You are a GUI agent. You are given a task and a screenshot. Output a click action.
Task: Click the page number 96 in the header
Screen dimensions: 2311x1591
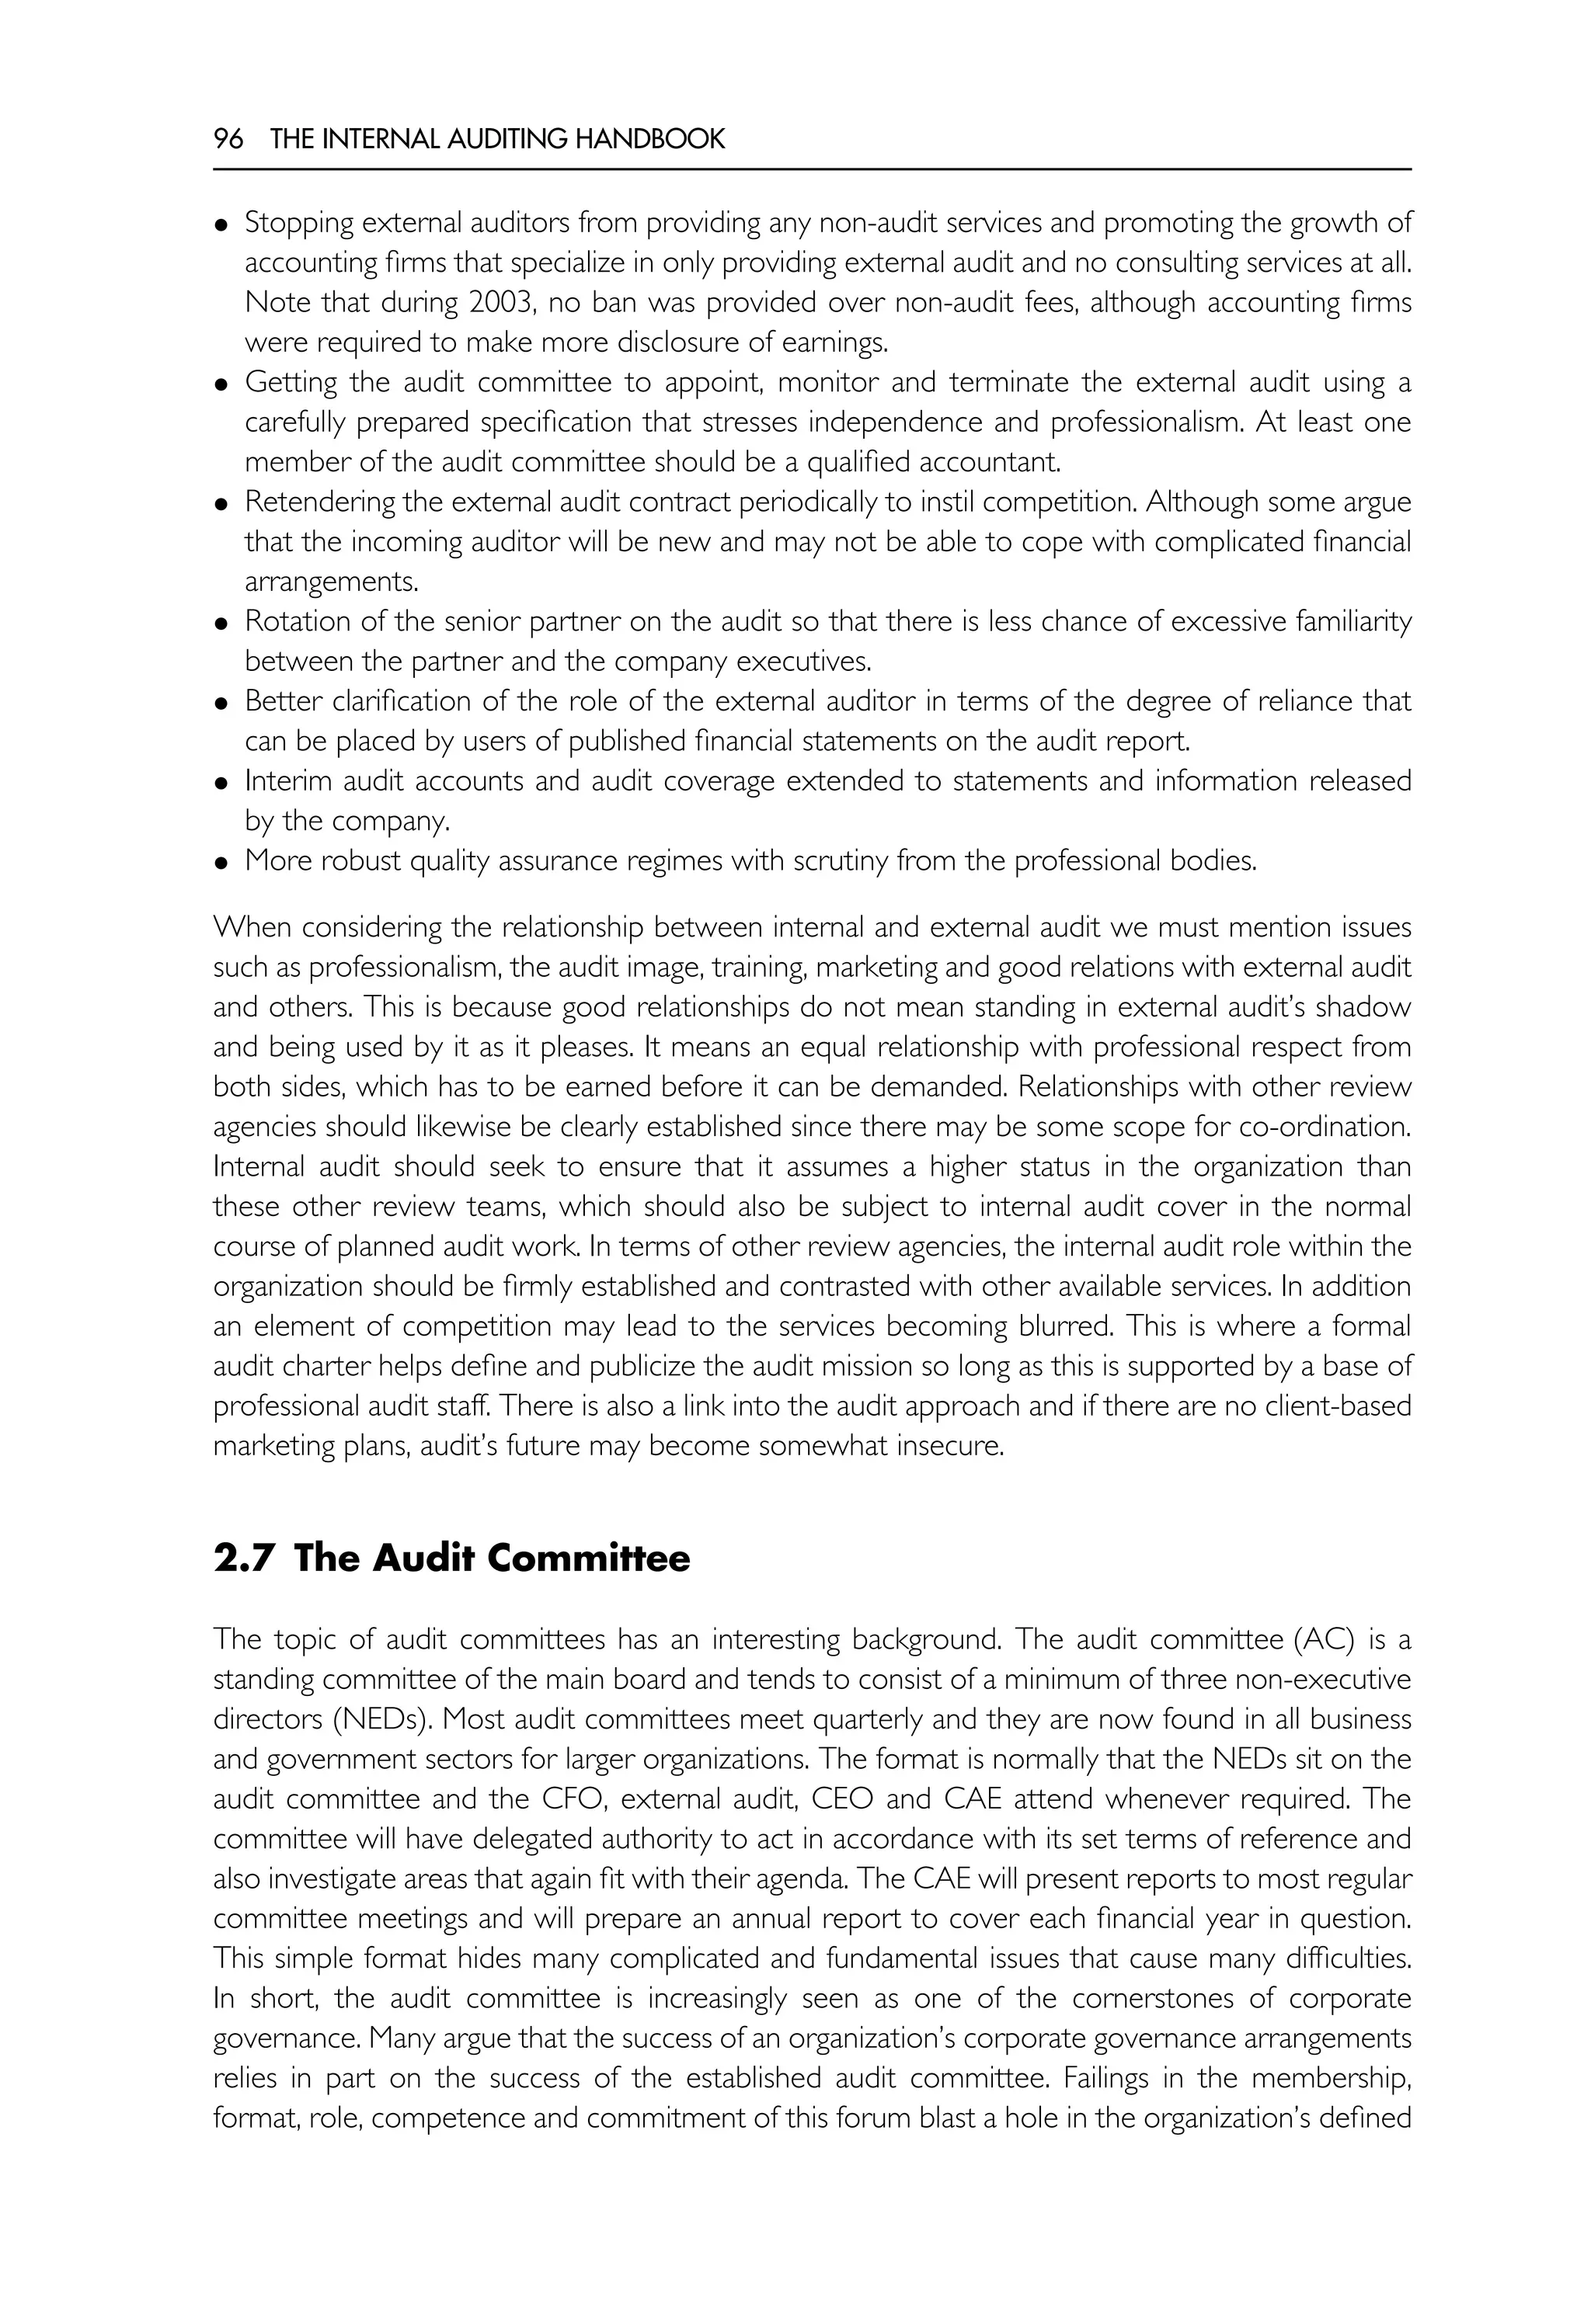pyautogui.click(x=228, y=140)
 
